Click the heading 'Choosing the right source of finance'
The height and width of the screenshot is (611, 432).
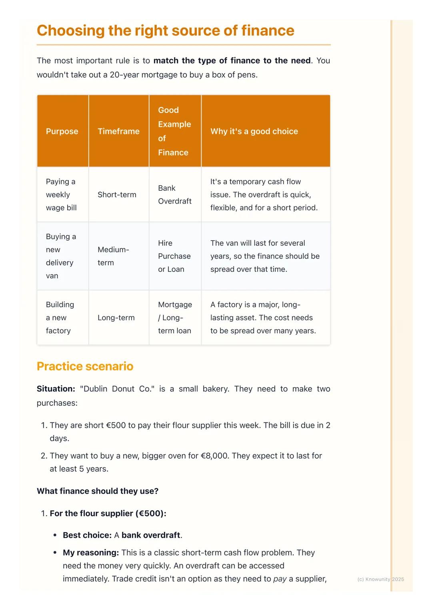click(165, 31)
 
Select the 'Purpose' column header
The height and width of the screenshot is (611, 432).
click(62, 131)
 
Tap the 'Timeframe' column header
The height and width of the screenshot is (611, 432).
click(118, 131)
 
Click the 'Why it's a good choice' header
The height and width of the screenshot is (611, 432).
click(254, 131)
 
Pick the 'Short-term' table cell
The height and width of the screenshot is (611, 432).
click(117, 195)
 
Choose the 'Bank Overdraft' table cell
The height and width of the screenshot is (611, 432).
click(174, 195)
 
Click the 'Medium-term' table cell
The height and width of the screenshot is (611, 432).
click(113, 256)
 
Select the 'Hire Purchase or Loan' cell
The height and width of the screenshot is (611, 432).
click(174, 256)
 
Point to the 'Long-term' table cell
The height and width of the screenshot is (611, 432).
click(116, 317)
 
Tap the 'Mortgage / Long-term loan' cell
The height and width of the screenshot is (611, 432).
click(175, 317)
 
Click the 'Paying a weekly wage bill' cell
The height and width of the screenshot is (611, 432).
click(61, 195)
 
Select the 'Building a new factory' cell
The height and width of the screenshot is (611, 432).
click(60, 317)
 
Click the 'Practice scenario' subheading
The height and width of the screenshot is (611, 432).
click(85, 366)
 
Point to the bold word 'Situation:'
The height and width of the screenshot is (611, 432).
click(56, 389)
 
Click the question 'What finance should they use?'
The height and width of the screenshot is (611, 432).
click(98, 491)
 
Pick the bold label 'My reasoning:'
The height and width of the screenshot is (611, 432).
click(91, 553)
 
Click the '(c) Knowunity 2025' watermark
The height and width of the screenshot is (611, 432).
click(380, 579)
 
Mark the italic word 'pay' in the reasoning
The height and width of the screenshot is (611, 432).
click(280, 579)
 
